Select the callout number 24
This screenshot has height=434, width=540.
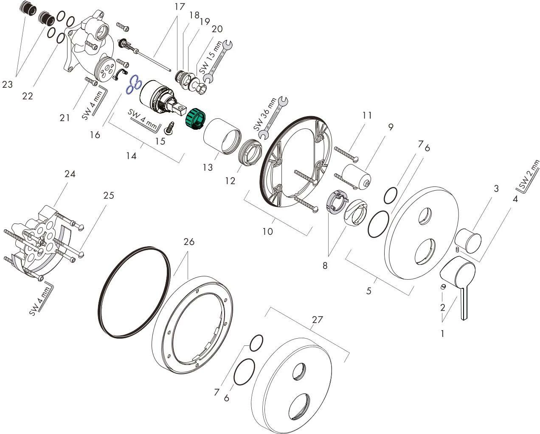pyautogui.click(x=70, y=174)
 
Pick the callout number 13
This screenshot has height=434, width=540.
pyautogui.click(x=207, y=167)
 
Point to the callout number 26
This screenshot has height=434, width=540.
pyautogui.click(x=189, y=242)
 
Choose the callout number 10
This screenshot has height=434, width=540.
pyautogui.click(x=268, y=231)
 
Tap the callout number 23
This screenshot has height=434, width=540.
pyautogui.click(x=8, y=85)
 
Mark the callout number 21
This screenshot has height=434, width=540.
pyautogui.click(x=65, y=118)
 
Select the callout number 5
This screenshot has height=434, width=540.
pyautogui.click(x=368, y=291)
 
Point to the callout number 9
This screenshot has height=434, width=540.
pyautogui.click(x=391, y=127)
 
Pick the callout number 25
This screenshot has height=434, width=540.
pyautogui.click(x=109, y=195)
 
